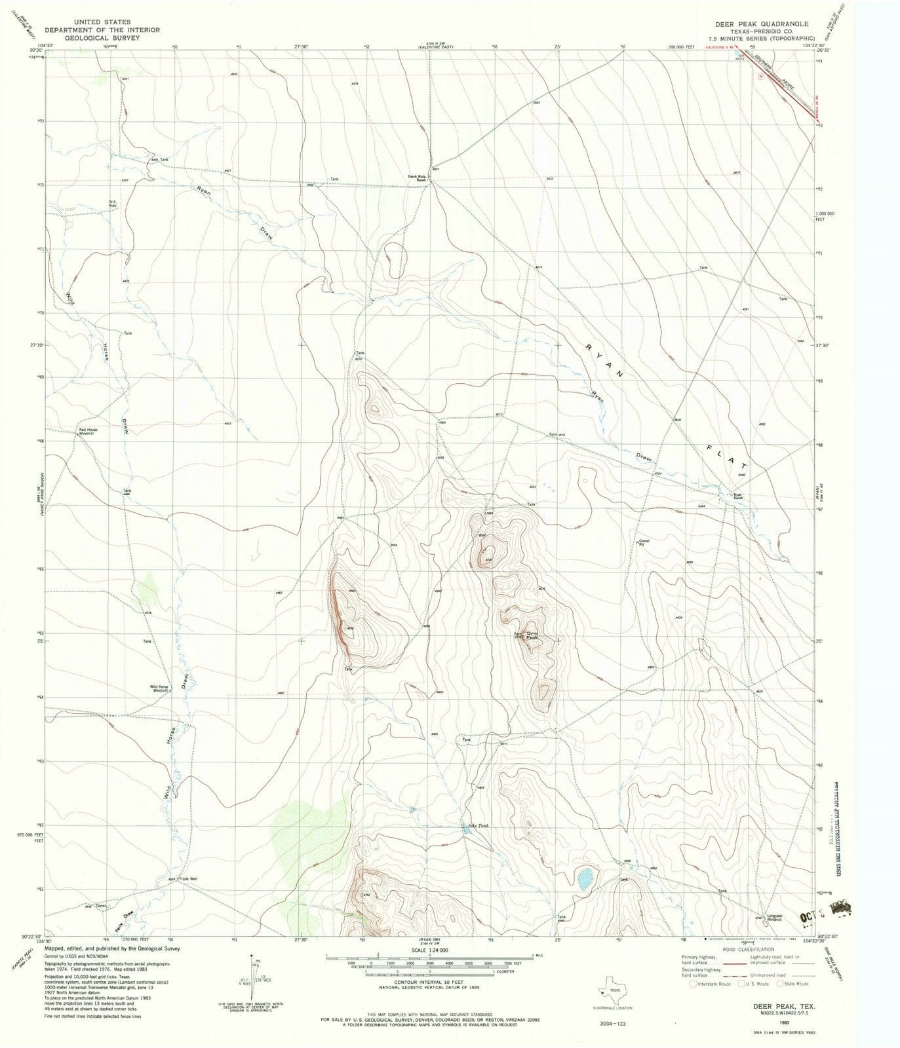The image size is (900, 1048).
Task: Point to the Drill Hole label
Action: click(x=112, y=203)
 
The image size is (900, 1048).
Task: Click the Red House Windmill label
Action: click(x=88, y=432)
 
